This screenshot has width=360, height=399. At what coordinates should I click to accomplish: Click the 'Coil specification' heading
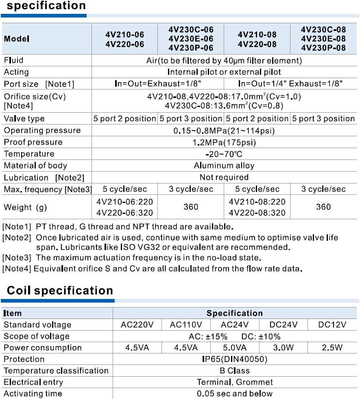60,290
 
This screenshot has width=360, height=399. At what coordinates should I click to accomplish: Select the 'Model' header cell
17,39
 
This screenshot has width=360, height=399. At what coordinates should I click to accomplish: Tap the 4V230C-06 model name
191,30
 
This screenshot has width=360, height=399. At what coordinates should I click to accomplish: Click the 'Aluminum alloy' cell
224,166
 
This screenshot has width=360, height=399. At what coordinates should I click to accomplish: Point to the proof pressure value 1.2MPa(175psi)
224,142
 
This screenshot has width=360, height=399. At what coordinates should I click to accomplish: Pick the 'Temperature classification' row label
56,371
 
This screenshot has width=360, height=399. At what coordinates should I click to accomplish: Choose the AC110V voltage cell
186,325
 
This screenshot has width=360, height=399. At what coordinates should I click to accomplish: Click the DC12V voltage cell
332,325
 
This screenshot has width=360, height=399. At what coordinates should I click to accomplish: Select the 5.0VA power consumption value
235,348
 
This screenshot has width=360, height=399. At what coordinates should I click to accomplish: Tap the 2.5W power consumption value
332,348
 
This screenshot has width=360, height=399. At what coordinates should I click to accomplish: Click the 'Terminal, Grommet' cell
235,382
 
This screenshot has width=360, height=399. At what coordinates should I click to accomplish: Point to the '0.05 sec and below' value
235,393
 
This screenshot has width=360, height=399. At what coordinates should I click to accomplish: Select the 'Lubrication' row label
26,177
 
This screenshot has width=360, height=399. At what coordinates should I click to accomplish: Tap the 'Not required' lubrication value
224,177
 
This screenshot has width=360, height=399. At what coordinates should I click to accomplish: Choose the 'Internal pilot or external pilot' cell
224,72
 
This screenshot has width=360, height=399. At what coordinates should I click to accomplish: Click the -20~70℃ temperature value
224,154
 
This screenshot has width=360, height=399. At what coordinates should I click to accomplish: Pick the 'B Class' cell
235,371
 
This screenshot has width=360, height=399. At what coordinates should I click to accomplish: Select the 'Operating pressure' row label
42,131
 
